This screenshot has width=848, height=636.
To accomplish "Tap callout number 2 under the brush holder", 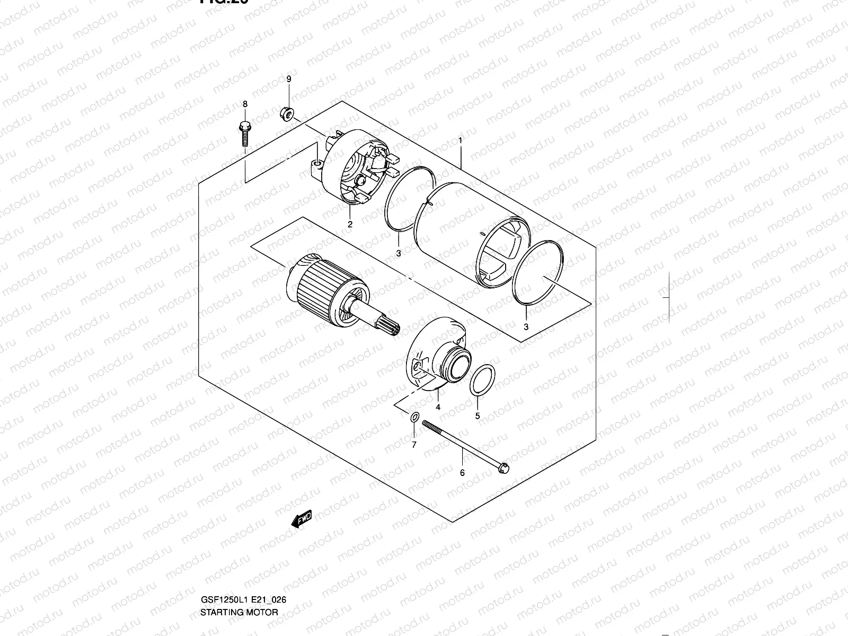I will coord(350,224).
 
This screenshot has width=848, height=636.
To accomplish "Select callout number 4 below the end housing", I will coord(438,407).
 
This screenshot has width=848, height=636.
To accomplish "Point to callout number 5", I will coord(477,416).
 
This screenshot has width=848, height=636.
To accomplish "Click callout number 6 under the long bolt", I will coord(462,473).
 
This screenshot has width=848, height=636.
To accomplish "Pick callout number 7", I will coord(414,445).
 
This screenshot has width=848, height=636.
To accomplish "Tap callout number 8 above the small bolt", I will coord(245,104).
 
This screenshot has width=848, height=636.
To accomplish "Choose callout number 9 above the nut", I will coord(288,79).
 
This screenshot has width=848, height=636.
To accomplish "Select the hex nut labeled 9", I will coord(286,113).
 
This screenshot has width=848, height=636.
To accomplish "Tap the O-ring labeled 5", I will coord(483,380).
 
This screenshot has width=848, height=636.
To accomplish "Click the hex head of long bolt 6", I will coord(504,469).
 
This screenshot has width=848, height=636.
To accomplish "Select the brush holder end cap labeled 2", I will coord(352,167).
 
